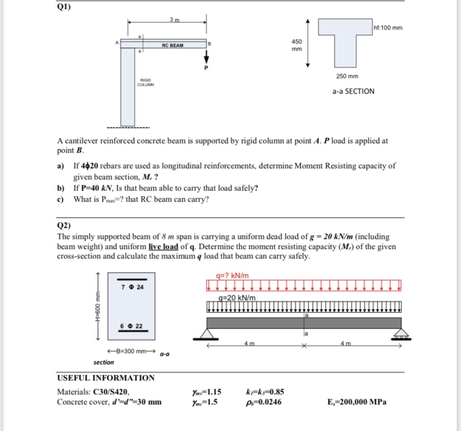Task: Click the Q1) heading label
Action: coord(64,8)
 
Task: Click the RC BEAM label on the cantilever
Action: coord(173,45)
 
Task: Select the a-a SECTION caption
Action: coord(353,91)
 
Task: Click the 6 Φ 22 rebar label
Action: coord(133,325)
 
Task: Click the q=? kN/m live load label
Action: coord(236,275)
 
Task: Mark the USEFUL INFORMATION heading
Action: coord(106,378)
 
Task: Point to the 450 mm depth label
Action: coord(297,45)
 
